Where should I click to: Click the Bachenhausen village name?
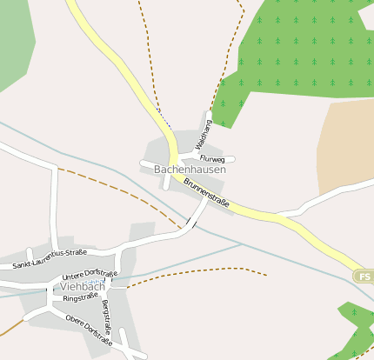pyautogui.click(x=190, y=170)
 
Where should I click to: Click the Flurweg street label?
pyautogui.click(x=212, y=160)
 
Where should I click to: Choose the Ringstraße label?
pyautogui.click(x=80, y=297)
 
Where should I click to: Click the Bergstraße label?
pyautogui.click(x=106, y=318)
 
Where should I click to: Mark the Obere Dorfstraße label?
pyautogui.click(x=89, y=330)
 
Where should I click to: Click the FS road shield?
pyautogui.click(x=364, y=276)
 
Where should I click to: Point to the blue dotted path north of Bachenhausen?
pyautogui.click(x=164, y=117)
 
